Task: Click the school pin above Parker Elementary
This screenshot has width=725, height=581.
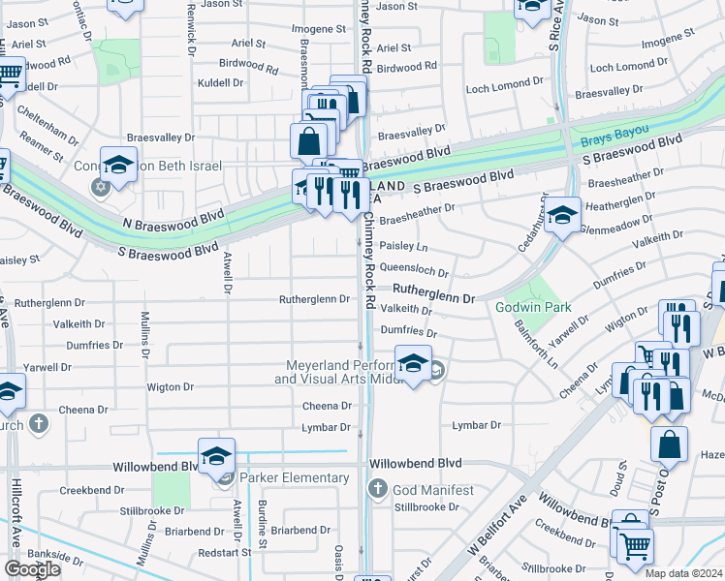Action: [x=216, y=456]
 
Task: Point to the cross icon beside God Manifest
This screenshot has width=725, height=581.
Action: [x=379, y=490]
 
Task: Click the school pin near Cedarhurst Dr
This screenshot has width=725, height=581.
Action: [x=561, y=216]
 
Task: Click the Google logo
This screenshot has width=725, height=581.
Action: [x=33, y=569]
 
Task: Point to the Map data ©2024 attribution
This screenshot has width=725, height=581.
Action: [x=682, y=573]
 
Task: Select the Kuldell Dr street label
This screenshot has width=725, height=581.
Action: [x=220, y=83]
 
